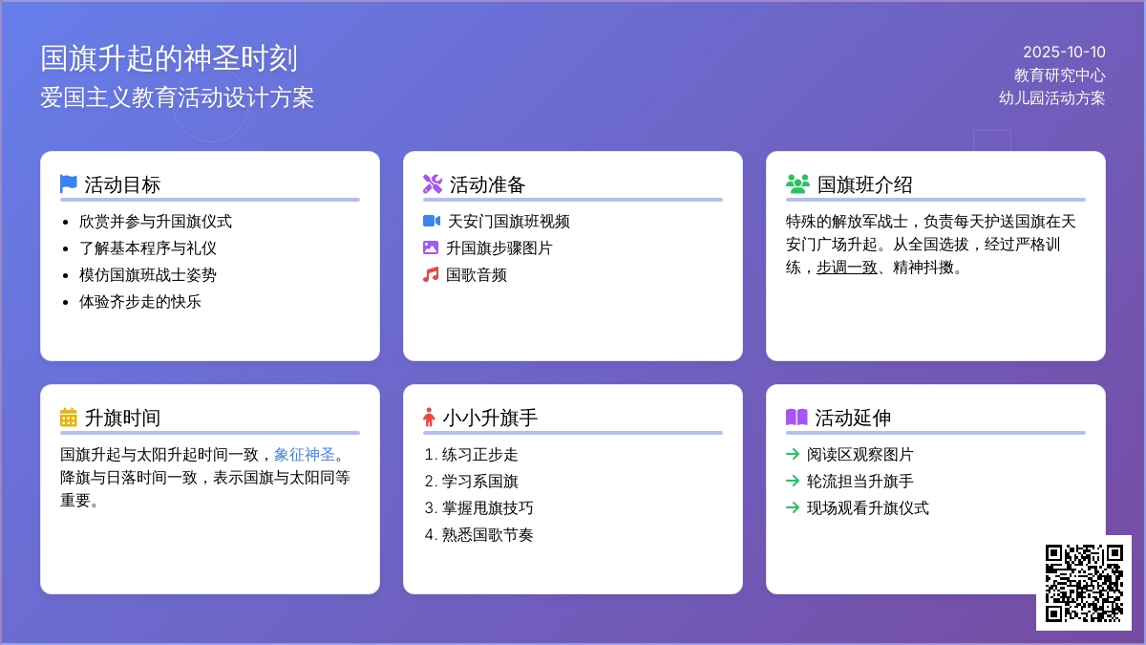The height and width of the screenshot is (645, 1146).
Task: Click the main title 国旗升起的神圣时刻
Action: (169, 58)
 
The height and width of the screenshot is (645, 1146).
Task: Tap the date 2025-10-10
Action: (1064, 53)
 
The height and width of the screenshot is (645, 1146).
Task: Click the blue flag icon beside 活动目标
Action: (68, 183)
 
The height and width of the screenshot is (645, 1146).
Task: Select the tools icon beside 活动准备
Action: (432, 183)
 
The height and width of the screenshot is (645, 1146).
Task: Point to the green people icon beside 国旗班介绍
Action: (796, 183)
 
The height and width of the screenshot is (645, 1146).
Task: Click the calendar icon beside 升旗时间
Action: (68, 418)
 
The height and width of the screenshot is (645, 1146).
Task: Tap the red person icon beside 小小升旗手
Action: (429, 418)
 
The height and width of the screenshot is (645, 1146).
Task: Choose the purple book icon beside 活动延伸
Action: (796, 418)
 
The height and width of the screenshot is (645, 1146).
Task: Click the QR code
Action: (1083, 583)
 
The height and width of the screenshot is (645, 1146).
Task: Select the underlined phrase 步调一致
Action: (846, 268)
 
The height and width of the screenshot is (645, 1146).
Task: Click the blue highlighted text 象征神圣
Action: (305, 455)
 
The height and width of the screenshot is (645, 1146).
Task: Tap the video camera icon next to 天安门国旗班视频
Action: (431, 222)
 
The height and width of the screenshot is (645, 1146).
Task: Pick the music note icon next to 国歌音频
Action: (431, 275)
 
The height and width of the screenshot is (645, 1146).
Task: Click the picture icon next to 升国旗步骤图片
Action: (431, 248)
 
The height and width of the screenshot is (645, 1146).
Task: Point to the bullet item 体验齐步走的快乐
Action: (140, 302)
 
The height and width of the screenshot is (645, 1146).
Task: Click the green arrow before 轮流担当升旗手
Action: (792, 482)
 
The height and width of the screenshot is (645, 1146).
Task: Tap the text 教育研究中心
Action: (1059, 75)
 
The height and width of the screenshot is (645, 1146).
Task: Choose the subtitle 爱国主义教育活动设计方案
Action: (177, 97)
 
